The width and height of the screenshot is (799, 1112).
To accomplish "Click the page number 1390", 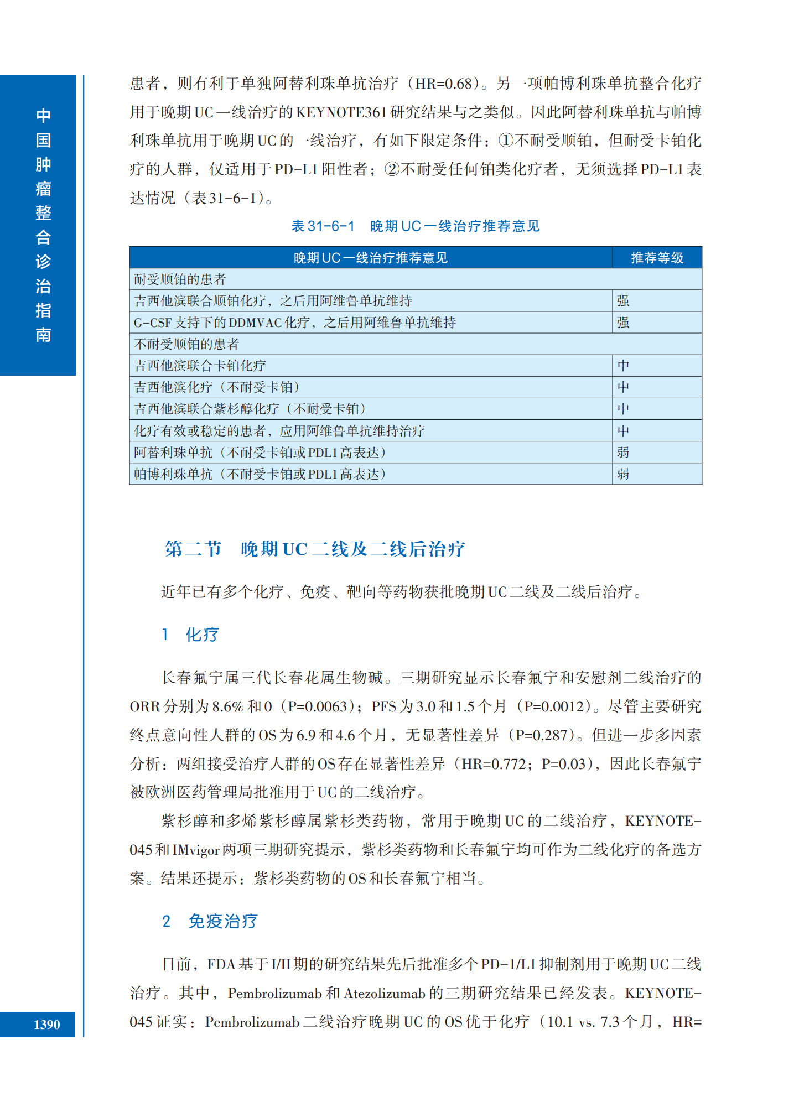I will [46, 1024].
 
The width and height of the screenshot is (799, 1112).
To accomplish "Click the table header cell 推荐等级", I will [657, 258].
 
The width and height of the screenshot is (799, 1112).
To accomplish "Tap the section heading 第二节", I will [193, 549].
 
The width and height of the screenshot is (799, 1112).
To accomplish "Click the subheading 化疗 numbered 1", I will [201, 635].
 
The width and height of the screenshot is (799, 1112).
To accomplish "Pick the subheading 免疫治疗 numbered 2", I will [222, 921].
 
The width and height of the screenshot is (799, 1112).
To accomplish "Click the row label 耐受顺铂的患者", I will [180, 279].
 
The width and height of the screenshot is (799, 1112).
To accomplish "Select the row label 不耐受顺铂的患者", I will [186, 344].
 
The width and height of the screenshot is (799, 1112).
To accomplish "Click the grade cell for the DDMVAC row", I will [623, 323].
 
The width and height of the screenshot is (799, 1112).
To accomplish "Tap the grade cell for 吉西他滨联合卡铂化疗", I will [623, 366].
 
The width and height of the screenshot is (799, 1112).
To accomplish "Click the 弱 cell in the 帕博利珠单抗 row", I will [623, 474].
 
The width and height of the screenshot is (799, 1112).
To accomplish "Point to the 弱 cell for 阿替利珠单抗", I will [623, 453].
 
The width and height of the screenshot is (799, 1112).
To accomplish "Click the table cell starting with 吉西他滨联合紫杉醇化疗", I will [250, 409].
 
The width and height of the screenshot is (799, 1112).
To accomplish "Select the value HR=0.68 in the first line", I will [443, 84].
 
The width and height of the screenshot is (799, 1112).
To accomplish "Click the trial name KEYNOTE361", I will [341, 112].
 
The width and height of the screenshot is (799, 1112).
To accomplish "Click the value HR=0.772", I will [494, 764].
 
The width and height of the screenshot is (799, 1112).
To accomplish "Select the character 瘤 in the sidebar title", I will [43, 189].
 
